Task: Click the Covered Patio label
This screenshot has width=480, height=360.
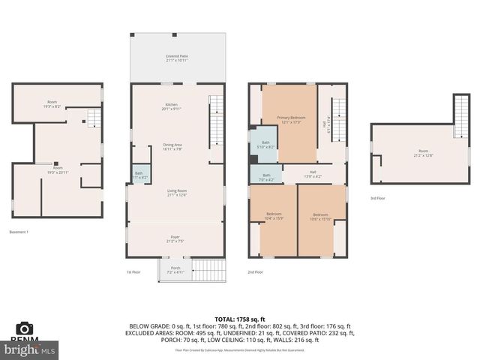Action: (x=177, y=58)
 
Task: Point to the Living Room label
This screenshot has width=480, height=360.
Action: (x=177, y=194)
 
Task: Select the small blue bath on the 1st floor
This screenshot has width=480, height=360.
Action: (x=139, y=175)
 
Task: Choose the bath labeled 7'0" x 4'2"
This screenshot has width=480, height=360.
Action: (x=265, y=178)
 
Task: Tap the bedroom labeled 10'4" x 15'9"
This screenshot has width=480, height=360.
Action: (x=274, y=217)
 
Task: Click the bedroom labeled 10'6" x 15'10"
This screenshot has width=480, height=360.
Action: (x=321, y=217)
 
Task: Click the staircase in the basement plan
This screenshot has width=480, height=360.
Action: (x=93, y=119)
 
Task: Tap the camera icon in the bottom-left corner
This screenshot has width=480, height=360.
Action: (x=25, y=328)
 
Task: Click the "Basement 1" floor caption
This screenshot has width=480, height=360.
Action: (x=19, y=232)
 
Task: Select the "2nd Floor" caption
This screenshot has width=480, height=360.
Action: (x=256, y=272)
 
